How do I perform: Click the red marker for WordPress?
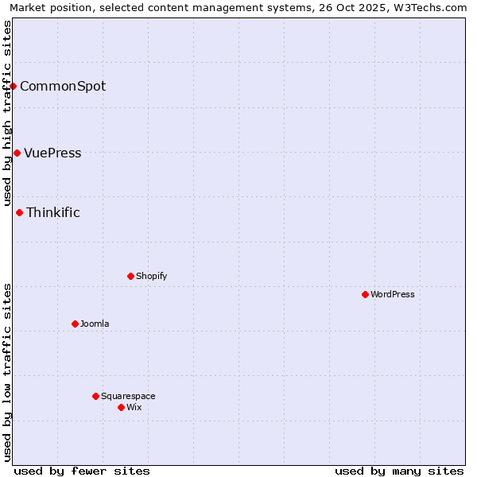click(365, 294)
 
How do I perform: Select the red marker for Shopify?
click(130, 276)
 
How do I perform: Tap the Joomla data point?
click(75, 324)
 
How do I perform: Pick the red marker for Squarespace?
click(95, 396)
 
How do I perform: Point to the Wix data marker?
click(121, 407)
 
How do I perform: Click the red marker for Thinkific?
click(19, 212)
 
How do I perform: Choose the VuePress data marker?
click(17, 153)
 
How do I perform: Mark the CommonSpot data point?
click(14, 86)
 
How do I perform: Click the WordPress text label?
click(393, 294)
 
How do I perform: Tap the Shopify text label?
click(151, 276)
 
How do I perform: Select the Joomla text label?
click(95, 324)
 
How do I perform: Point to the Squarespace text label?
click(128, 396)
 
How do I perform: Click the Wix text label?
click(134, 407)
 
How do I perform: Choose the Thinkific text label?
click(53, 212)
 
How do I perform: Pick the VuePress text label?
click(52, 153)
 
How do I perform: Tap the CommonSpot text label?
click(63, 86)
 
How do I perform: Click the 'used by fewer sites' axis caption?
click(82, 471)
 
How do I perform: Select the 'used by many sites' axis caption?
click(399, 471)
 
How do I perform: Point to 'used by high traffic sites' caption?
click(7, 114)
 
